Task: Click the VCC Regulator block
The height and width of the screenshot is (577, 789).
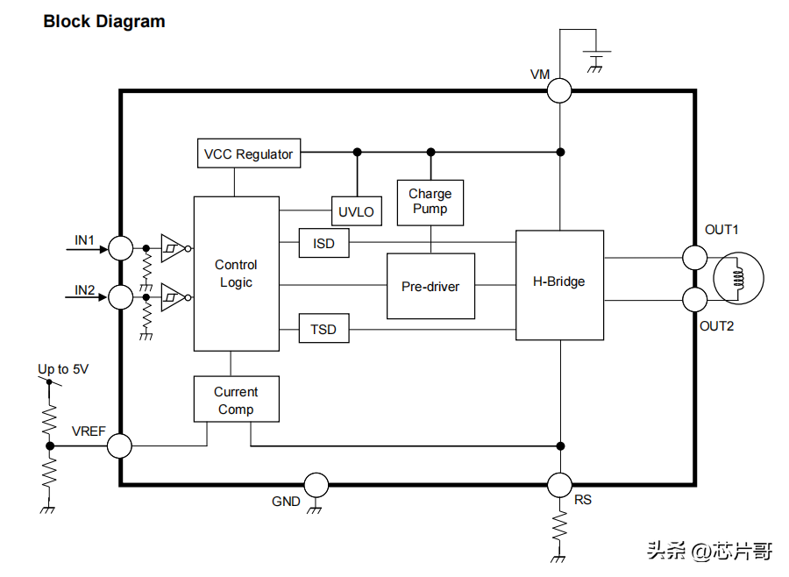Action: [x=249, y=154]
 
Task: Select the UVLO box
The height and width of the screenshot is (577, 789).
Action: [x=356, y=211]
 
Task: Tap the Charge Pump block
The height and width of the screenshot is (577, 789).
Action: [x=430, y=202]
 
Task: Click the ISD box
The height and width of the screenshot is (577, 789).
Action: [x=323, y=243]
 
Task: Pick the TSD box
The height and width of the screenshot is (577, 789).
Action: [x=323, y=330]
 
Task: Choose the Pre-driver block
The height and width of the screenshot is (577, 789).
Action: [x=430, y=286]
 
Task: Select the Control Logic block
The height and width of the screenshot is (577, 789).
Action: [x=236, y=274]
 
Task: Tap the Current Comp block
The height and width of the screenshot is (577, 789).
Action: [x=236, y=400]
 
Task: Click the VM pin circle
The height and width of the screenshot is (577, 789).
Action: [x=559, y=90]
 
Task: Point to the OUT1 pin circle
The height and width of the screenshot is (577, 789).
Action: [x=695, y=257]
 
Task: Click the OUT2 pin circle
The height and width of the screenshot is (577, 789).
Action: [x=695, y=300]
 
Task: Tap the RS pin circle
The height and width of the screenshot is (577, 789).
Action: [x=559, y=484]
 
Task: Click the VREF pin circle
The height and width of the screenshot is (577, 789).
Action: [x=119, y=445]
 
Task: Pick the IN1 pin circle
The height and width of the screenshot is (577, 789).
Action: [x=119, y=248]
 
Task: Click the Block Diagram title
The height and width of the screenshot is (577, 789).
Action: [x=104, y=22]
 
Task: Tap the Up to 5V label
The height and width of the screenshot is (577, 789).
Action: [x=63, y=369]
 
